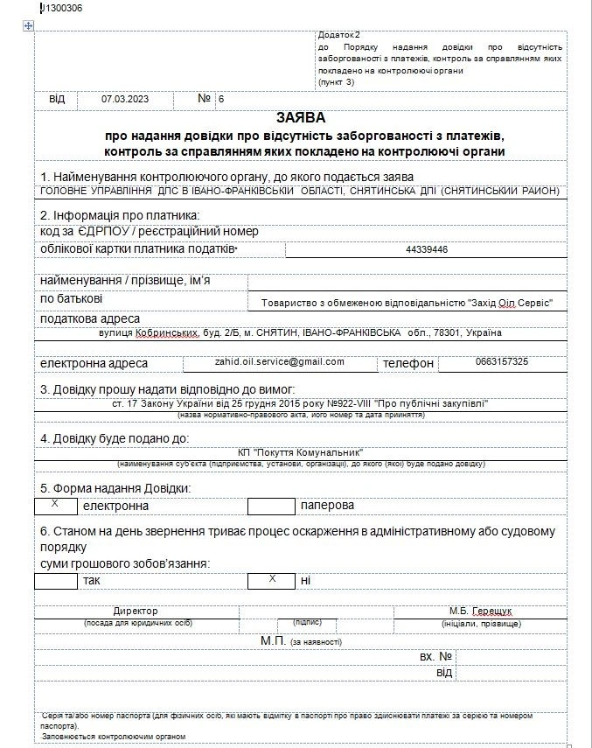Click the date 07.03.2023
(125, 99)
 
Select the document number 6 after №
(221, 99)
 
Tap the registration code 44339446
(427, 249)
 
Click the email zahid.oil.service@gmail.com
(280, 361)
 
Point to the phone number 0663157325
(501, 361)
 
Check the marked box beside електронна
(55, 505)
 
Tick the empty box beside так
(55, 580)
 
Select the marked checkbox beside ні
(270, 580)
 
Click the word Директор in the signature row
(136, 611)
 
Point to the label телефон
(407, 363)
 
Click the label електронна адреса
(94, 363)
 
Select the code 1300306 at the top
(62, 9)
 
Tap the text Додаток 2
(339, 34)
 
